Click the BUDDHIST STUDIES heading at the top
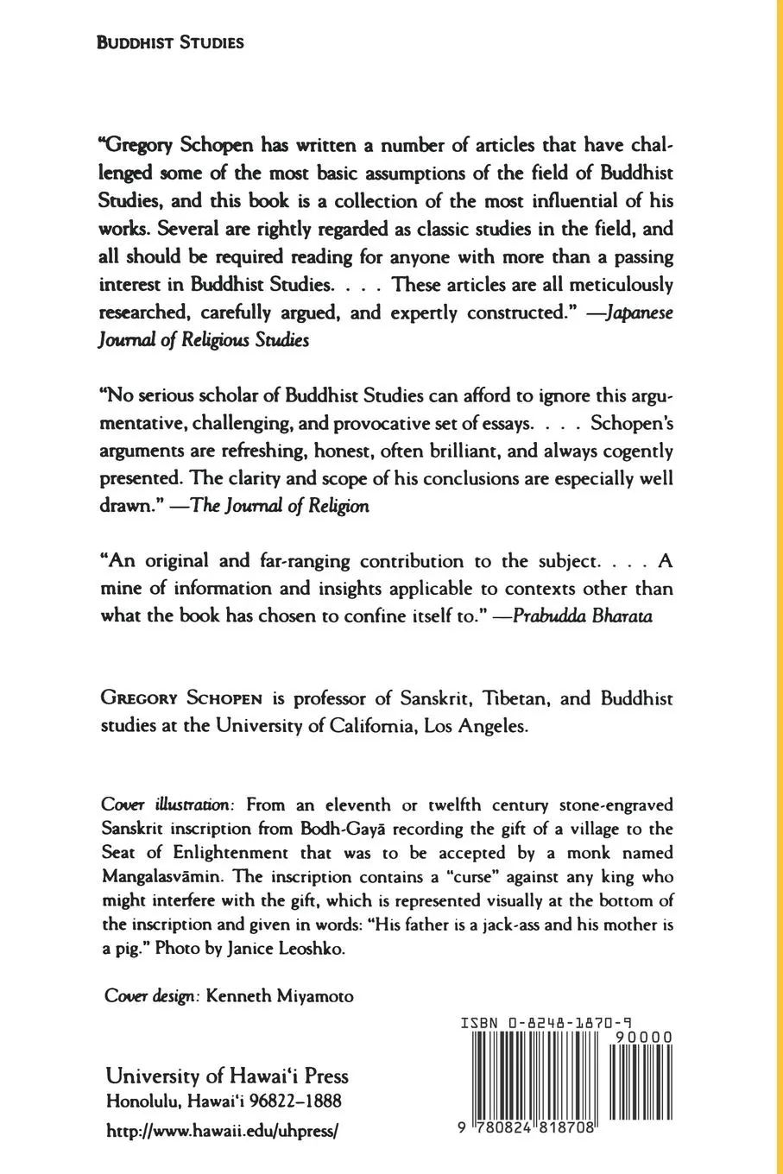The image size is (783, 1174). tap(170, 42)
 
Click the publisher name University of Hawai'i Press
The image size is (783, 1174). tap(227, 1076)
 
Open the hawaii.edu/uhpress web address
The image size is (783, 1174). tap(220, 1129)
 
